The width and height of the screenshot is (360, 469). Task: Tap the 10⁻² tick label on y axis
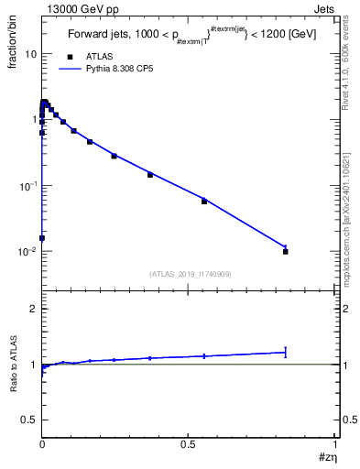click(x=27, y=252)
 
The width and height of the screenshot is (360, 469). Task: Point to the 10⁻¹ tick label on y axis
click(x=27, y=186)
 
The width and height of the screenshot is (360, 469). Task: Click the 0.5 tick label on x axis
click(x=189, y=444)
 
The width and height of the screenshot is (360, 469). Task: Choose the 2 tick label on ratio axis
click(x=34, y=310)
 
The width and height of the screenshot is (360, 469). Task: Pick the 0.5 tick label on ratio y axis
click(x=30, y=419)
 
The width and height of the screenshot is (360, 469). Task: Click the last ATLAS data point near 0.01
click(x=286, y=251)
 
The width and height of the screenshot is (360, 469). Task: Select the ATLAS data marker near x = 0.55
click(x=204, y=201)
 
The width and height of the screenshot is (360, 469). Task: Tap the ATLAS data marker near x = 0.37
click(x=150, y=174)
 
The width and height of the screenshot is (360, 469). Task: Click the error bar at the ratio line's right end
click(x=286, y=352)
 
